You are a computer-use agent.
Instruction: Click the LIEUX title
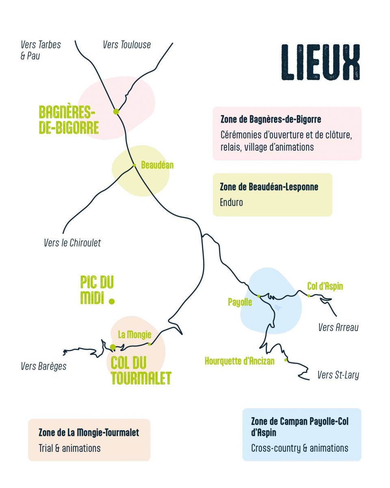pos(321,62)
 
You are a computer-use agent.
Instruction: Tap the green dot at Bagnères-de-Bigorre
pos(116,111)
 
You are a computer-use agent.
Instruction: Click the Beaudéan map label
pos(157,165)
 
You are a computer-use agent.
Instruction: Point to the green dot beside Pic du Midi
pos(112,301)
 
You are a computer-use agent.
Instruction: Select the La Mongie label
pos(134,334)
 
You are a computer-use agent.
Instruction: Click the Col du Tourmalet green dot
pos(113,347)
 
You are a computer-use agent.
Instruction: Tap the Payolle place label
pos(240,302)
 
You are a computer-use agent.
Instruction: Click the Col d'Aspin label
pos(325,286)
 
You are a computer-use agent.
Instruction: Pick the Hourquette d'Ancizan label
pos(240,361)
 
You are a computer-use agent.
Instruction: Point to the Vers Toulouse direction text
pos(127,45)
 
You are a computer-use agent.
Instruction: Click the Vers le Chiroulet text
pos(72,243)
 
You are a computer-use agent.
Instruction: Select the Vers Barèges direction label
pos(43,366)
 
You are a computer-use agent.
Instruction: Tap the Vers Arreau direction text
pos(338,327)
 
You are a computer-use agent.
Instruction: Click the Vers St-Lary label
pos(338,375)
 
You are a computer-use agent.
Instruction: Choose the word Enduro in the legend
pos(231,202)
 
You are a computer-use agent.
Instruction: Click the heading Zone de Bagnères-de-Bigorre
pos(271,119)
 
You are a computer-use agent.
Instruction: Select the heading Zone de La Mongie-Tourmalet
pos(89,432)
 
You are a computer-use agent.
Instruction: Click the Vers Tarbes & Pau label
pos(41,50)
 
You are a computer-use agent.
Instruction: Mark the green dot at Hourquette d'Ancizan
pos(286,360)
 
